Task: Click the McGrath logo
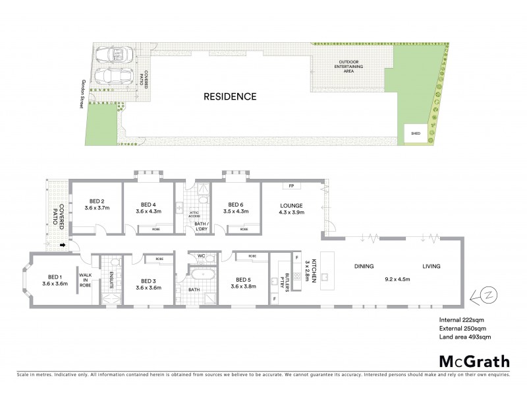click(474, 361)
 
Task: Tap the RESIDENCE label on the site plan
click(229, 96)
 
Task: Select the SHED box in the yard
click(415, 133)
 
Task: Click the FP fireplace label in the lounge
click(291, 185)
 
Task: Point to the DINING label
click(364, 267)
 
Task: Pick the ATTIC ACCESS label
click(194, 214)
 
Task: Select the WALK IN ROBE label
click(85, 280)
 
